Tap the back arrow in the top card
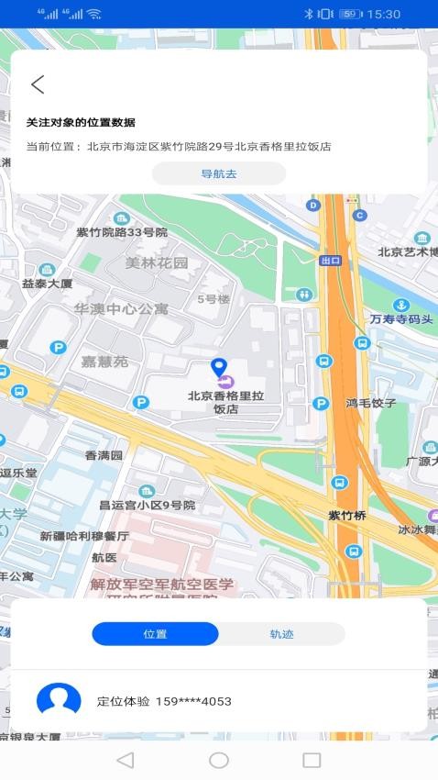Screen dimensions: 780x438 [x=38, y=84]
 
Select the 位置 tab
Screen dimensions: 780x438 [x=155, y=634]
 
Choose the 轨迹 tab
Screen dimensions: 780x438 [x=281, y=634]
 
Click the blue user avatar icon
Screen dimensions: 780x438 [x=59, y=700]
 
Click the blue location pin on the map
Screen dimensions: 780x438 [x=218, y=368]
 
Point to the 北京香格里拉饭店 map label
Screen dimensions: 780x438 [x=225, y=403]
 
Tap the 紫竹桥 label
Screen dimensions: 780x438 [x=347, y=516]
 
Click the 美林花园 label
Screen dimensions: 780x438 [x=157, y=263]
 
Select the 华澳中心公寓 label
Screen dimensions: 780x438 [x=122, y=309]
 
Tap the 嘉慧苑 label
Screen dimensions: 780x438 [x=104, y=362]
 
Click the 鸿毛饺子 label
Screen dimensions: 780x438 [x=370, y=403]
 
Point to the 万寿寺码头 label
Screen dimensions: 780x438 [x=401, y=319]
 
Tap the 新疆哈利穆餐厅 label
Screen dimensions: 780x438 [x=84, y=536]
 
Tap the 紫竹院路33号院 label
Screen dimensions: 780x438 [x=122, y=232]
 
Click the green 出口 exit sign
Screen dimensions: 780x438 [x=330, y=261]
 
